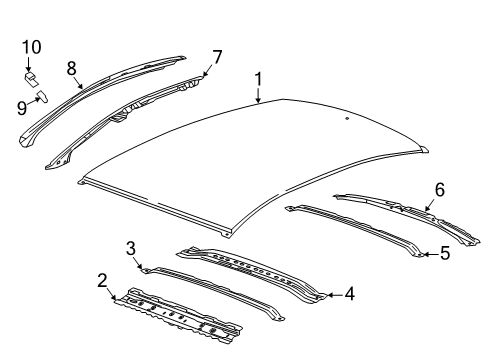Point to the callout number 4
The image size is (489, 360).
pos(349,294)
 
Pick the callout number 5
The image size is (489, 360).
pos(445,254)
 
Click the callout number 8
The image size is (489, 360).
pos(71,69)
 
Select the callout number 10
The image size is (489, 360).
pos(31,46)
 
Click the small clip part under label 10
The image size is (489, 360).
pos(31,74)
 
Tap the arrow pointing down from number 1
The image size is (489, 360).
pos(258,95)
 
